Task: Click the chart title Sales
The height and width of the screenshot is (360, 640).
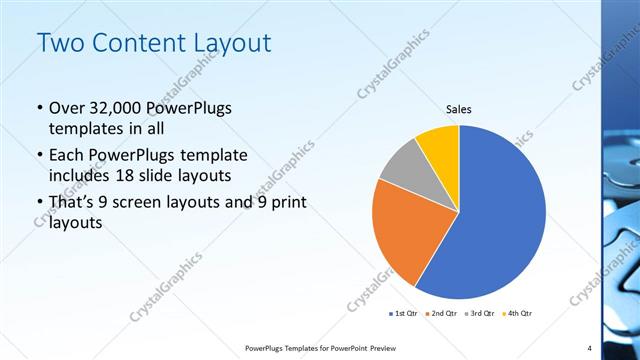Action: coord(458,110)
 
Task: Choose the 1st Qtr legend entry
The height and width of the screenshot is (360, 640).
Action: coord(404,313)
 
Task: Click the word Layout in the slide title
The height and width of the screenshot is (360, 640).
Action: coord(235,44)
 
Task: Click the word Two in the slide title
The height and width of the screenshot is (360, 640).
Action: coord(60,44)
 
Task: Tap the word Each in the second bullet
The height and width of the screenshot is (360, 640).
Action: coord(66,155)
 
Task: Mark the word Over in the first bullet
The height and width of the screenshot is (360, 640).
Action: coord(67,108)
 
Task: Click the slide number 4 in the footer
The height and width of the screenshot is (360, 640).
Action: coord(589,348)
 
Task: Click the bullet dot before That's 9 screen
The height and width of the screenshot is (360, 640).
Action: coord(39,204)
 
